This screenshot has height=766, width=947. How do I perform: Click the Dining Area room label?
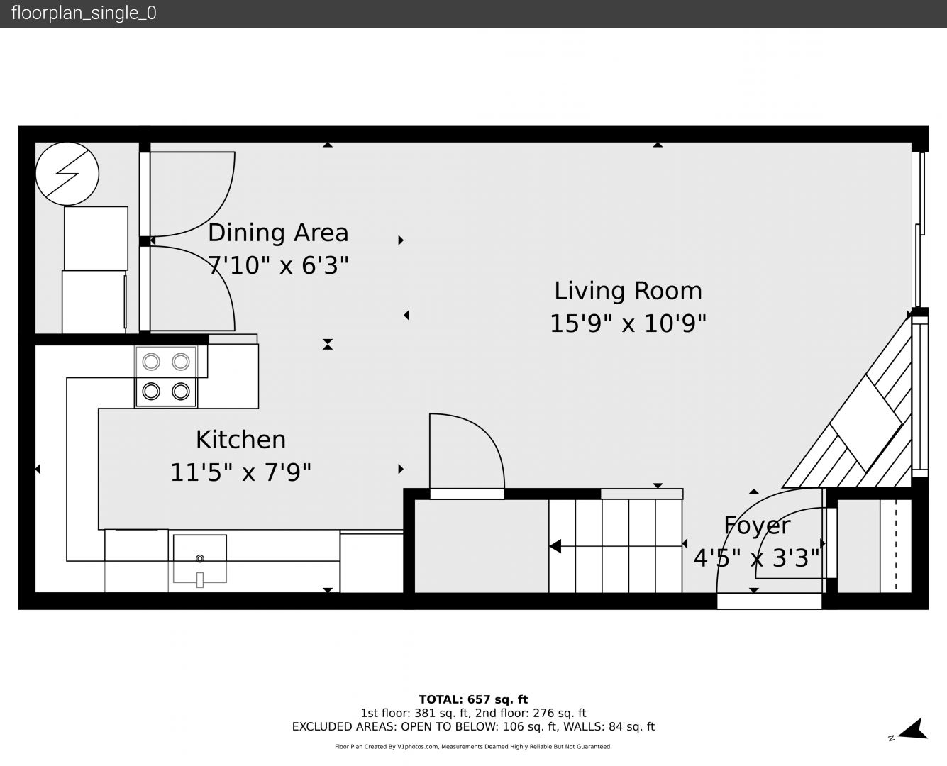(278, 233)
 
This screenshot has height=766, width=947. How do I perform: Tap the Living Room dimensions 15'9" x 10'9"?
(628, 323)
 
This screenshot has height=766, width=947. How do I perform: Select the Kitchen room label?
(240, 440)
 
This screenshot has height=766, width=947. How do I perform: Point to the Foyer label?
(757, 526)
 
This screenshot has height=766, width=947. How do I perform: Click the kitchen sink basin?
(199, 559)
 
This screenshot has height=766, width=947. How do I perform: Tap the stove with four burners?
(166, 377)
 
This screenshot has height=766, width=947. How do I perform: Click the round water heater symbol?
(67, 174)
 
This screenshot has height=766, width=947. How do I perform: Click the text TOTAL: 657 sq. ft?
(473, 699)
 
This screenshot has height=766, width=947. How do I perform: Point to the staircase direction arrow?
(616, 546)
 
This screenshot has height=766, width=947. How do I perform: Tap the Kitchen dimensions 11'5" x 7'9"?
(240, 472)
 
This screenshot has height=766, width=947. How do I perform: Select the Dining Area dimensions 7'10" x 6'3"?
(278, 265)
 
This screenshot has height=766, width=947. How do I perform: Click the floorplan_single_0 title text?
(84, 13)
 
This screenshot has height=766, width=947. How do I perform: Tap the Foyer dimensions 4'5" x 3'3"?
(757, 558)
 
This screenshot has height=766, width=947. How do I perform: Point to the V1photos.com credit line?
(473, 746)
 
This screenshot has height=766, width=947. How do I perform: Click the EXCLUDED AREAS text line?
(473, 726)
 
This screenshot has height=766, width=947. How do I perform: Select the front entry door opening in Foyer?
(769, 601)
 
